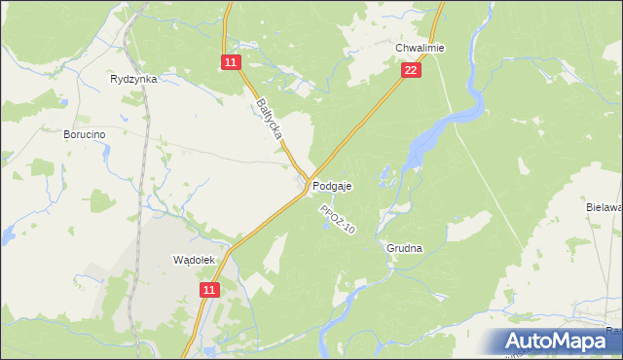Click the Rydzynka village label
click(x=134, y=80)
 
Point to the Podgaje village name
click(x=332, y=185)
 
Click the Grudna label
click(x=404, y=248)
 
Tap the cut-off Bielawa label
click(x=604, y=207)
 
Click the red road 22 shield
click(x=411, y=70)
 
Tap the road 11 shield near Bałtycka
click(x=230, y=62)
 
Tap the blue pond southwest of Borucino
click(x=7, y=234)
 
